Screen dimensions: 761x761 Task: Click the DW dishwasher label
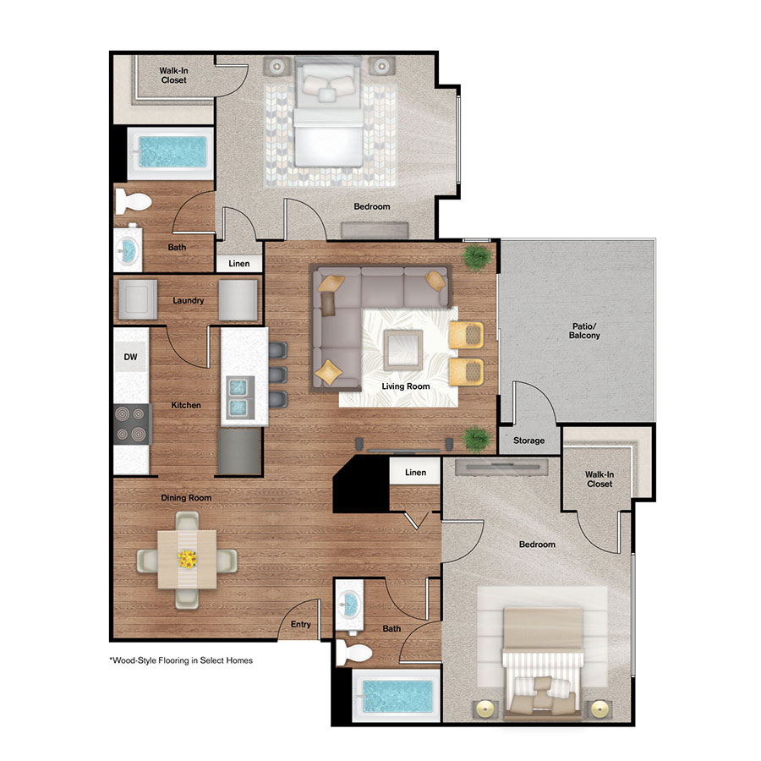(x=130, y=358)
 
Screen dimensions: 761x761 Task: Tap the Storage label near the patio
(x=530, y=441)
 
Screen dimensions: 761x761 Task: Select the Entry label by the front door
(x=300, y=625)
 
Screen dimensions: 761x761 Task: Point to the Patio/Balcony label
(x=584, y=331)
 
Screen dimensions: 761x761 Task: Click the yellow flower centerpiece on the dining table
(x=187, y=559)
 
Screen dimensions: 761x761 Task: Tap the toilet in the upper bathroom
(x=133, y=200)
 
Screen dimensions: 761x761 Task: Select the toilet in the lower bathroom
(x=349, y=651)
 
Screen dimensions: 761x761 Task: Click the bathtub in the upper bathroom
(x=171, y=152)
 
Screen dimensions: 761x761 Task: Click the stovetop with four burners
(x=132, y=424)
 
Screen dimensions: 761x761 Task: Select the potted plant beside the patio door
(x=476, y=256)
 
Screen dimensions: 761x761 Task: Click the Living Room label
(x=405, y=386)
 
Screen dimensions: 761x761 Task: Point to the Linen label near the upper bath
(x=239, y=264)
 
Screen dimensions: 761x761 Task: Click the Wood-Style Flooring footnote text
(x=181, y=660)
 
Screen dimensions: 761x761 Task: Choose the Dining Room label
(x=186, y=498)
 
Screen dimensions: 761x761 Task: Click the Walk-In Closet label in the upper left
(x=173, y=75)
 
